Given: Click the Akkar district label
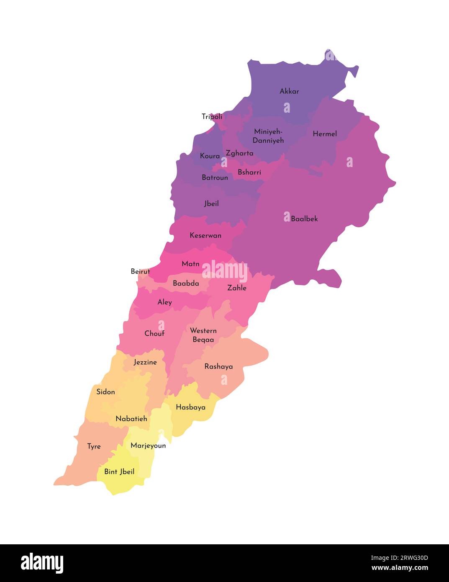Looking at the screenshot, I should pyautogui.click(x=289, y=91).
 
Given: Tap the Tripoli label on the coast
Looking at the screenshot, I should pyautogui.click(x=212, y=117).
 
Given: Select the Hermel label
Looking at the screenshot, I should pyautogui.click(x=325, y=134).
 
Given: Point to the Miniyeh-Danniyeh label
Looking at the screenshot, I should pyautogui.click(x=268, y=136).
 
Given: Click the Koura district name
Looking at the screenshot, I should pyautogui.click(x=210, y=156).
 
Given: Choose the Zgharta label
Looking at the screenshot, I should pyautogui.click(x=239, y=153).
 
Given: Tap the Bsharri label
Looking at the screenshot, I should pyautogui.click(x=249, y=172).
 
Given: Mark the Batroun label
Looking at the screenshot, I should pyautogui.click(x=215, y=178).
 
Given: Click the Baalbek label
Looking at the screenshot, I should pyautogui.click(x=304, y=219).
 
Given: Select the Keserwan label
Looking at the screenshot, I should pyautogui.click(x=205, y=235).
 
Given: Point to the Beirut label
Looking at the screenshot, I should pyautogui.click(x=140, y=271).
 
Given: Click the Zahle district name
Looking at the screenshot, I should pyautogui.click(x=237, y=288).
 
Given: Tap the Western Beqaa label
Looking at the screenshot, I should pyautogui.click(x=203, y=335).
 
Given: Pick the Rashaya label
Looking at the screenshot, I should pyautogui.click(x=218, y=367).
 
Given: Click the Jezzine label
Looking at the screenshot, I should pyautogui.click(x=145, y=362).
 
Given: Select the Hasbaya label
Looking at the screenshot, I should pyautogui.click(x=190, y=407).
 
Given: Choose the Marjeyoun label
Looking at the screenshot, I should pyautogui.click(x=148, y=446).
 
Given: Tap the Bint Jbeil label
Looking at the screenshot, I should pyautogui.click(x=119, y=472).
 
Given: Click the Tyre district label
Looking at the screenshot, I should pyautogui.click(x=94, y=447).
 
